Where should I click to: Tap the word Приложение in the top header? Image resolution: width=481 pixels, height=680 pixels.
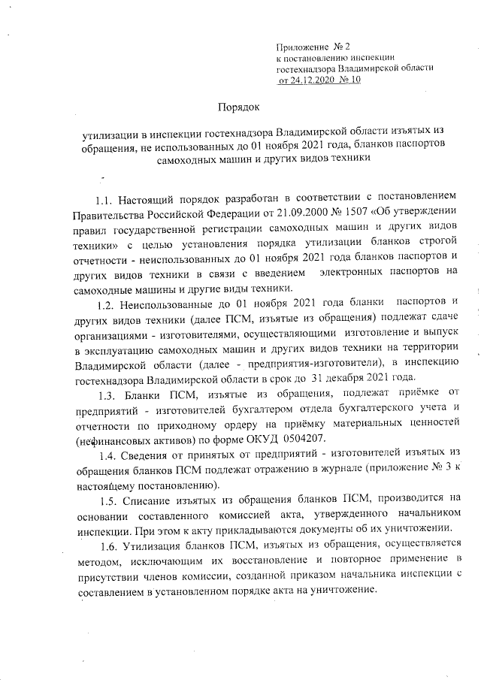(x=304, y=47)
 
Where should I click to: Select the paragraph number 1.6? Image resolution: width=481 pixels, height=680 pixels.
(x=110, y=562)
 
